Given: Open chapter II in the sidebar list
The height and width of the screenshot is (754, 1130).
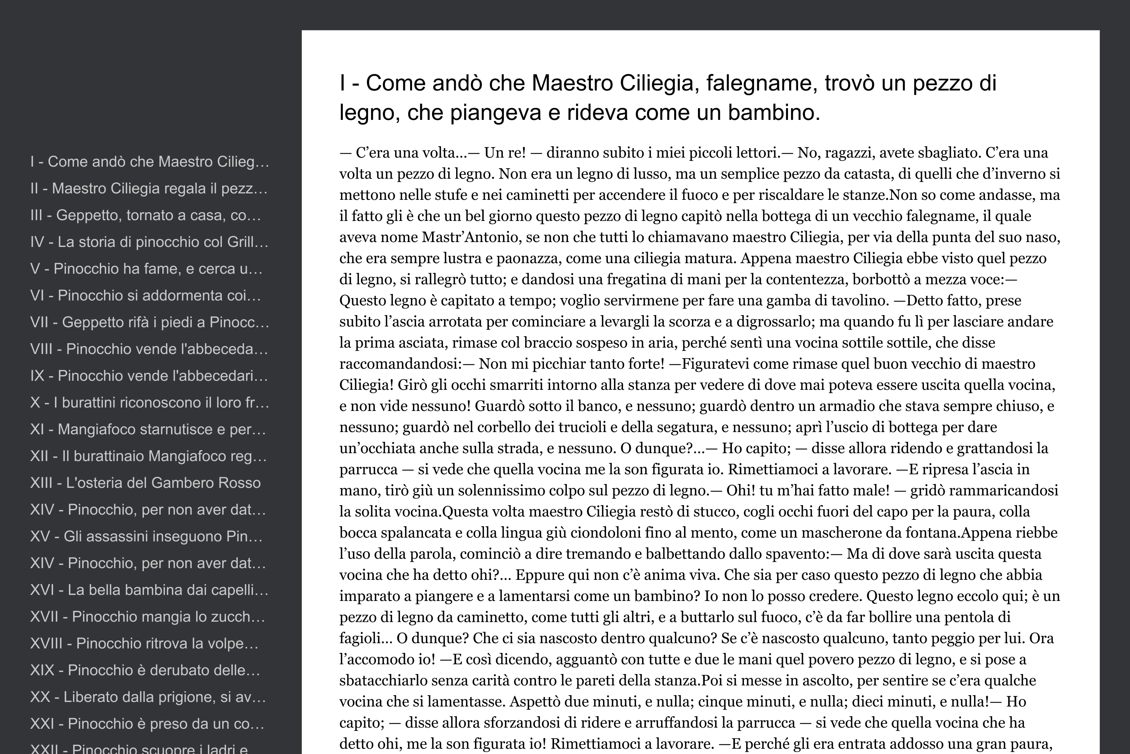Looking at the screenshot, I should [x=148, y=188].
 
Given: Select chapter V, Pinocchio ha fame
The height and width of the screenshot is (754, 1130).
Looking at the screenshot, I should [x=146, y=269].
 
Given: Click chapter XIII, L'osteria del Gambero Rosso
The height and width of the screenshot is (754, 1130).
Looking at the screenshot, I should [x=145, y=483].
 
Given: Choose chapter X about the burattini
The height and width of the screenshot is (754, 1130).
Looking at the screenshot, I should [x=149, y=403].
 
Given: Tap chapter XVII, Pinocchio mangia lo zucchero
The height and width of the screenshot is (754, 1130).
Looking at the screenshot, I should [x=147, y=617].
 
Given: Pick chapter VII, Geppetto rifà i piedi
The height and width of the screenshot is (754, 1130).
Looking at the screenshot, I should [x=149, y=322].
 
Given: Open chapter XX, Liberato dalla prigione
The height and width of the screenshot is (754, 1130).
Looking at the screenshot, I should [x=148, y=697].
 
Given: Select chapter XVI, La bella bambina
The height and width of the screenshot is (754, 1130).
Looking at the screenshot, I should [x=149, y=590].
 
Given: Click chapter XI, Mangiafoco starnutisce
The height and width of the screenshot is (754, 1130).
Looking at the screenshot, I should [x=148, y=429].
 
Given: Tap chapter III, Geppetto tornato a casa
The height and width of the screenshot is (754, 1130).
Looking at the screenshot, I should [x=145, y=215].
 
